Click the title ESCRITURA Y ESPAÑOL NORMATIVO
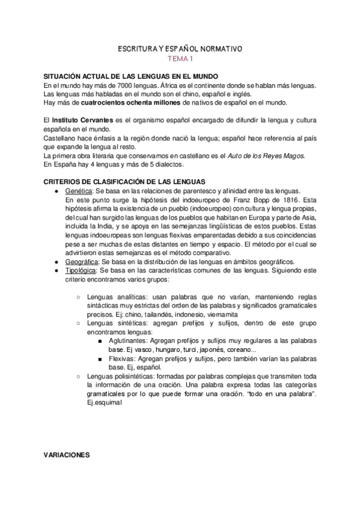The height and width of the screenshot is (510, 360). pyautogui.click(x=180, y=48)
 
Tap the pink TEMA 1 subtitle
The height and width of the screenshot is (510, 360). pyautogui.click(x=180, y=58)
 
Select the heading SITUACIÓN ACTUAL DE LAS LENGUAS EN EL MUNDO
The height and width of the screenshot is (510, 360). pyautogui.click(x=122, y=76)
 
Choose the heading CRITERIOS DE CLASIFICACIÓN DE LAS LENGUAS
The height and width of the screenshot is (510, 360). pyautogui.click(x=124, y=182)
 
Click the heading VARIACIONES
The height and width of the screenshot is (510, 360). pyautogui.click(x=66, y=455)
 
